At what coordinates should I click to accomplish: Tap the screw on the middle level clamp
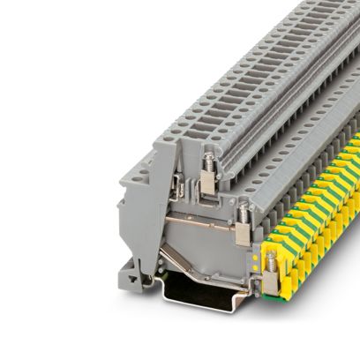click(x=241, y=210)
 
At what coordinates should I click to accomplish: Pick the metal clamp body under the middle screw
click(x=242, y=232)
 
